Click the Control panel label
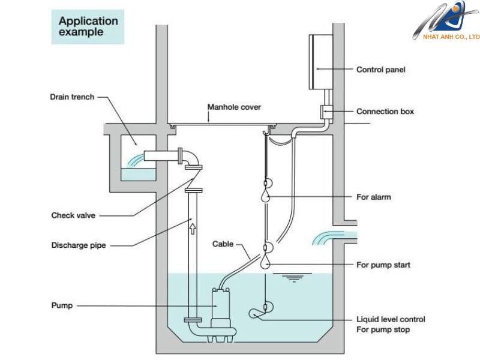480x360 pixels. click(380, 70)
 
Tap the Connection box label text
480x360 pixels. click(385, 112)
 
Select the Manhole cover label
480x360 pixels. click(234, 107)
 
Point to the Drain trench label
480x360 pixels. click(72, 97)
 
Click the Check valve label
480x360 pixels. click(73, 215)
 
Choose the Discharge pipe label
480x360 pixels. click(79, 245)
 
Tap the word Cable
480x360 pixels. click(223, 244)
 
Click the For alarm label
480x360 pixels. click(373, 197)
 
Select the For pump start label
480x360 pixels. click(383, 265)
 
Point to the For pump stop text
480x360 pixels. click(383, 329)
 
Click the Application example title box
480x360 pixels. click(88, 27)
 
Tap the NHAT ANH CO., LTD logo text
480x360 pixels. click(451, 37)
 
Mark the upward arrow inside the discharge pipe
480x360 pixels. click(193, 229)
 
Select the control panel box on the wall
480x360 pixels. click(321, 62)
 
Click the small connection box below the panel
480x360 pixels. click(326, 112)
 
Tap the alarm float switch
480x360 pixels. click(265, 195)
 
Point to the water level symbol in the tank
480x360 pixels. click(293, 277)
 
